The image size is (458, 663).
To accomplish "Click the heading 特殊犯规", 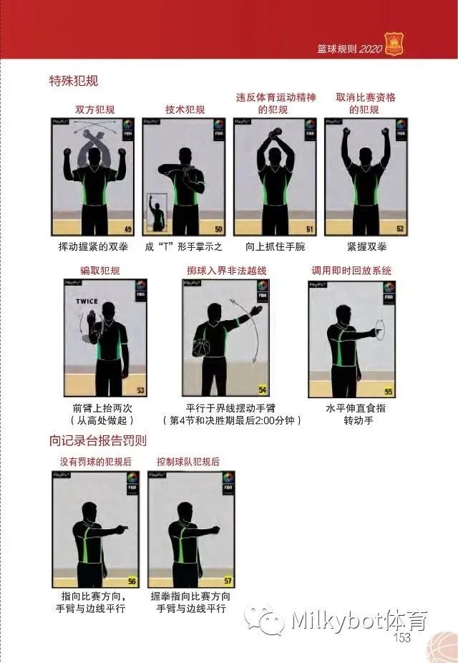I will (74, 80).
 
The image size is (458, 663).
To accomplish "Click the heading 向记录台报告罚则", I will (98, 440).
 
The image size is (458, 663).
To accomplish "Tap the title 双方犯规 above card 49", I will (94, 110).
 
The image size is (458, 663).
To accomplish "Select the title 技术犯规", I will (185, 110).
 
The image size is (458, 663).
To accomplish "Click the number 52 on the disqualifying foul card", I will (400, 229).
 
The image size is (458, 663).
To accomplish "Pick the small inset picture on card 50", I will (156, 212).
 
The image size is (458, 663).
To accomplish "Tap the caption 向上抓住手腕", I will (275, 247).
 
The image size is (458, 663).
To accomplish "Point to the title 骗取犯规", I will (100, 271).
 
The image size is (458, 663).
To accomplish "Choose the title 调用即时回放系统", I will (351, 271).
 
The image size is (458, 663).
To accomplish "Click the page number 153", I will (402, 637).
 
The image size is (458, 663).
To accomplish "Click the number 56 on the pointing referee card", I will (132, 581).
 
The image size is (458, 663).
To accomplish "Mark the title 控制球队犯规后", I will (188, 462).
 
